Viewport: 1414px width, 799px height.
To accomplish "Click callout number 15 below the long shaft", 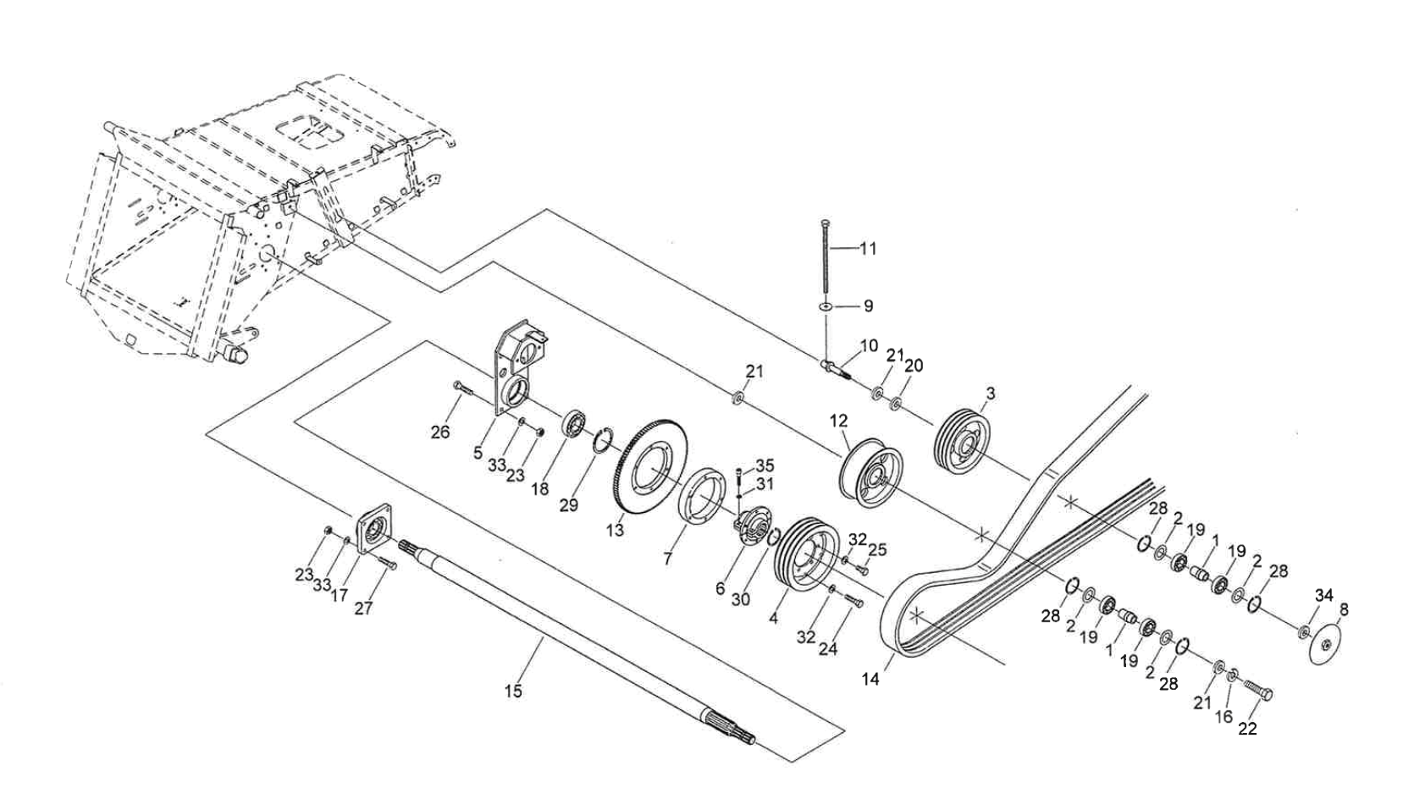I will point(513,691).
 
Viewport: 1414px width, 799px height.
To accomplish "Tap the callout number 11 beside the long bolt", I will point(868,249).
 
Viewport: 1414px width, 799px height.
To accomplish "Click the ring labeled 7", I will point(704,507).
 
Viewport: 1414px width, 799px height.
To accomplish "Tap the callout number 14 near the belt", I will point(870,679).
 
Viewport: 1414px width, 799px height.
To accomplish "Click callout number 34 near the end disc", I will point(1324,596).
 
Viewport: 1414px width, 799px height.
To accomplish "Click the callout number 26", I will point(439,432).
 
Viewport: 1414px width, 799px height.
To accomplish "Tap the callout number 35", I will point(765,466).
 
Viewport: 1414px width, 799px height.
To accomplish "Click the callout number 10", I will point(869,345).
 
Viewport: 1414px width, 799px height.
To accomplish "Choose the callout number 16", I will point(1223,717).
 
